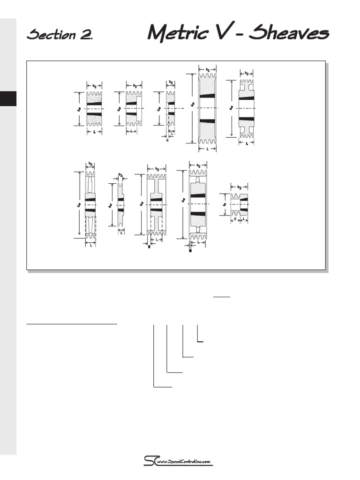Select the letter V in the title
pos(217,32)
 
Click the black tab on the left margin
pos(8,98)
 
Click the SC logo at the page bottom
pos(150,461)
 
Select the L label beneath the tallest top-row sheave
pos(207,149)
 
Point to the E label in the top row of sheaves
pos(167,140)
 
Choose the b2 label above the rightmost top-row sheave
pos(246,73)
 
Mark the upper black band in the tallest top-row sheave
pos(207,96)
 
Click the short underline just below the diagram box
pos(222,297)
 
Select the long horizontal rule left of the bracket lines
pos(72,323)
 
